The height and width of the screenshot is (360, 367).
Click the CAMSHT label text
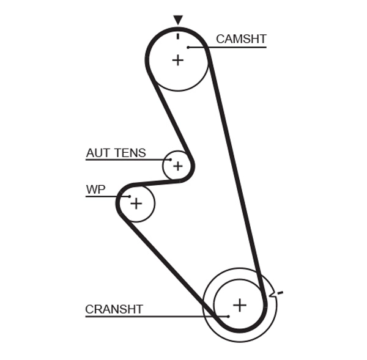click(x=241, y=39)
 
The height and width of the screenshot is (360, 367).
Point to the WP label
click(x=95, y=189)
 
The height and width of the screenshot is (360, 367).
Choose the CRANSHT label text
click(x=114, y=309)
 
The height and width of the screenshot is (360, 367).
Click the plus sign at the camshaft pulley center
click(x=177, y=60)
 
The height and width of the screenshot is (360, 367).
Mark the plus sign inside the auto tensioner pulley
click(x=177, y=166)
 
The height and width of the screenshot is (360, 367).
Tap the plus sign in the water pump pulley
click(x=136, y=203)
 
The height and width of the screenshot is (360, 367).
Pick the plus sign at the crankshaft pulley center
click(x=240, y=304)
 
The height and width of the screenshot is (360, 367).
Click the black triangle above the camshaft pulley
click(x=177, y=20)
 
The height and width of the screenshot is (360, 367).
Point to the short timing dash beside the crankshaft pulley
click(x=280, y=294)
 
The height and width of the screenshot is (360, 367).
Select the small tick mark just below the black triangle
click(x=177, y=35)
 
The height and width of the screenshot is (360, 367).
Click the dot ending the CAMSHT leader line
click(x=189, y=47)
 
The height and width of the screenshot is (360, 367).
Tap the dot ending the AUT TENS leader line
click(x=171, y=160)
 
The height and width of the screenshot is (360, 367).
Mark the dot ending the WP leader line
click(x=130, y=196)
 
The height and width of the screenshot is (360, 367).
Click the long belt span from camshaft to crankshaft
click(x=235, y=171)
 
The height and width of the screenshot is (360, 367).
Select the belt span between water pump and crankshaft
click(x=165, y=263)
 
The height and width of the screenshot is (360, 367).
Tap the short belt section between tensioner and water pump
click(x=153, y=182)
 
